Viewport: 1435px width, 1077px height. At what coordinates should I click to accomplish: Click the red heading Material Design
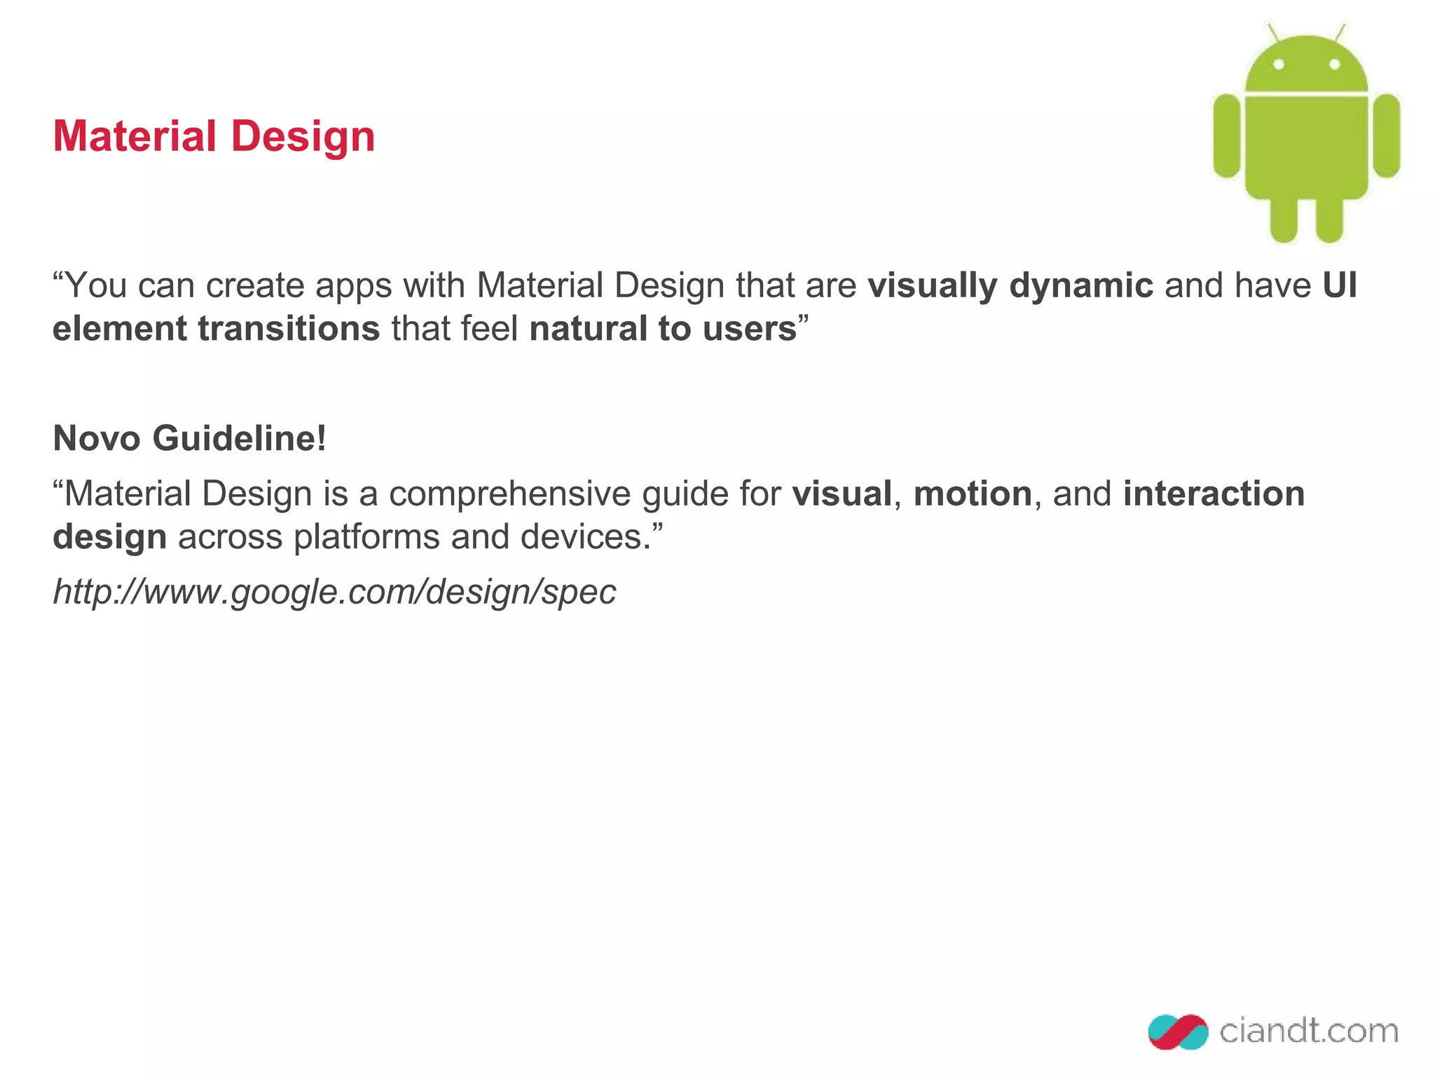[214, 136]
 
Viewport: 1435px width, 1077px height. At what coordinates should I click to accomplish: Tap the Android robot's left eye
[1278, 65]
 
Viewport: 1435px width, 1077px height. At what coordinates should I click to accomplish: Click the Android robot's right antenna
[1339, 32]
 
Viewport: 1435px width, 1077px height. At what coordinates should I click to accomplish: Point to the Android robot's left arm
[1226, 136]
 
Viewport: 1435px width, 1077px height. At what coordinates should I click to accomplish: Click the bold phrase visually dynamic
[1010, 285]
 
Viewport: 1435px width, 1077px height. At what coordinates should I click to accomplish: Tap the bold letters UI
[1340, 285]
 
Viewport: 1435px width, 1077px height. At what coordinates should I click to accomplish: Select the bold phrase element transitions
[216, 329]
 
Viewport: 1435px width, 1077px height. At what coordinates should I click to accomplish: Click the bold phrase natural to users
[663, 329]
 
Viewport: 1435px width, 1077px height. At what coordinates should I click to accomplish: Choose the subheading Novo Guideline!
[190, 438]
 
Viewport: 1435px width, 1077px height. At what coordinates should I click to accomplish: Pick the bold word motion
[973, 494]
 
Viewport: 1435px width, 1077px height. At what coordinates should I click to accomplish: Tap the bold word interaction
[1214, 494]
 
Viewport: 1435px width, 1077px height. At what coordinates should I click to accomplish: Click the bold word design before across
[109, 538]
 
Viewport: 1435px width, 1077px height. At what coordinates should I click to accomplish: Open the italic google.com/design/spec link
[334, 592]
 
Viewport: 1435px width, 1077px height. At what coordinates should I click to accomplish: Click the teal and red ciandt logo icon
[1178, 1031]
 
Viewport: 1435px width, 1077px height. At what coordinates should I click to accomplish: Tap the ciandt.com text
[1308, 1031]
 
